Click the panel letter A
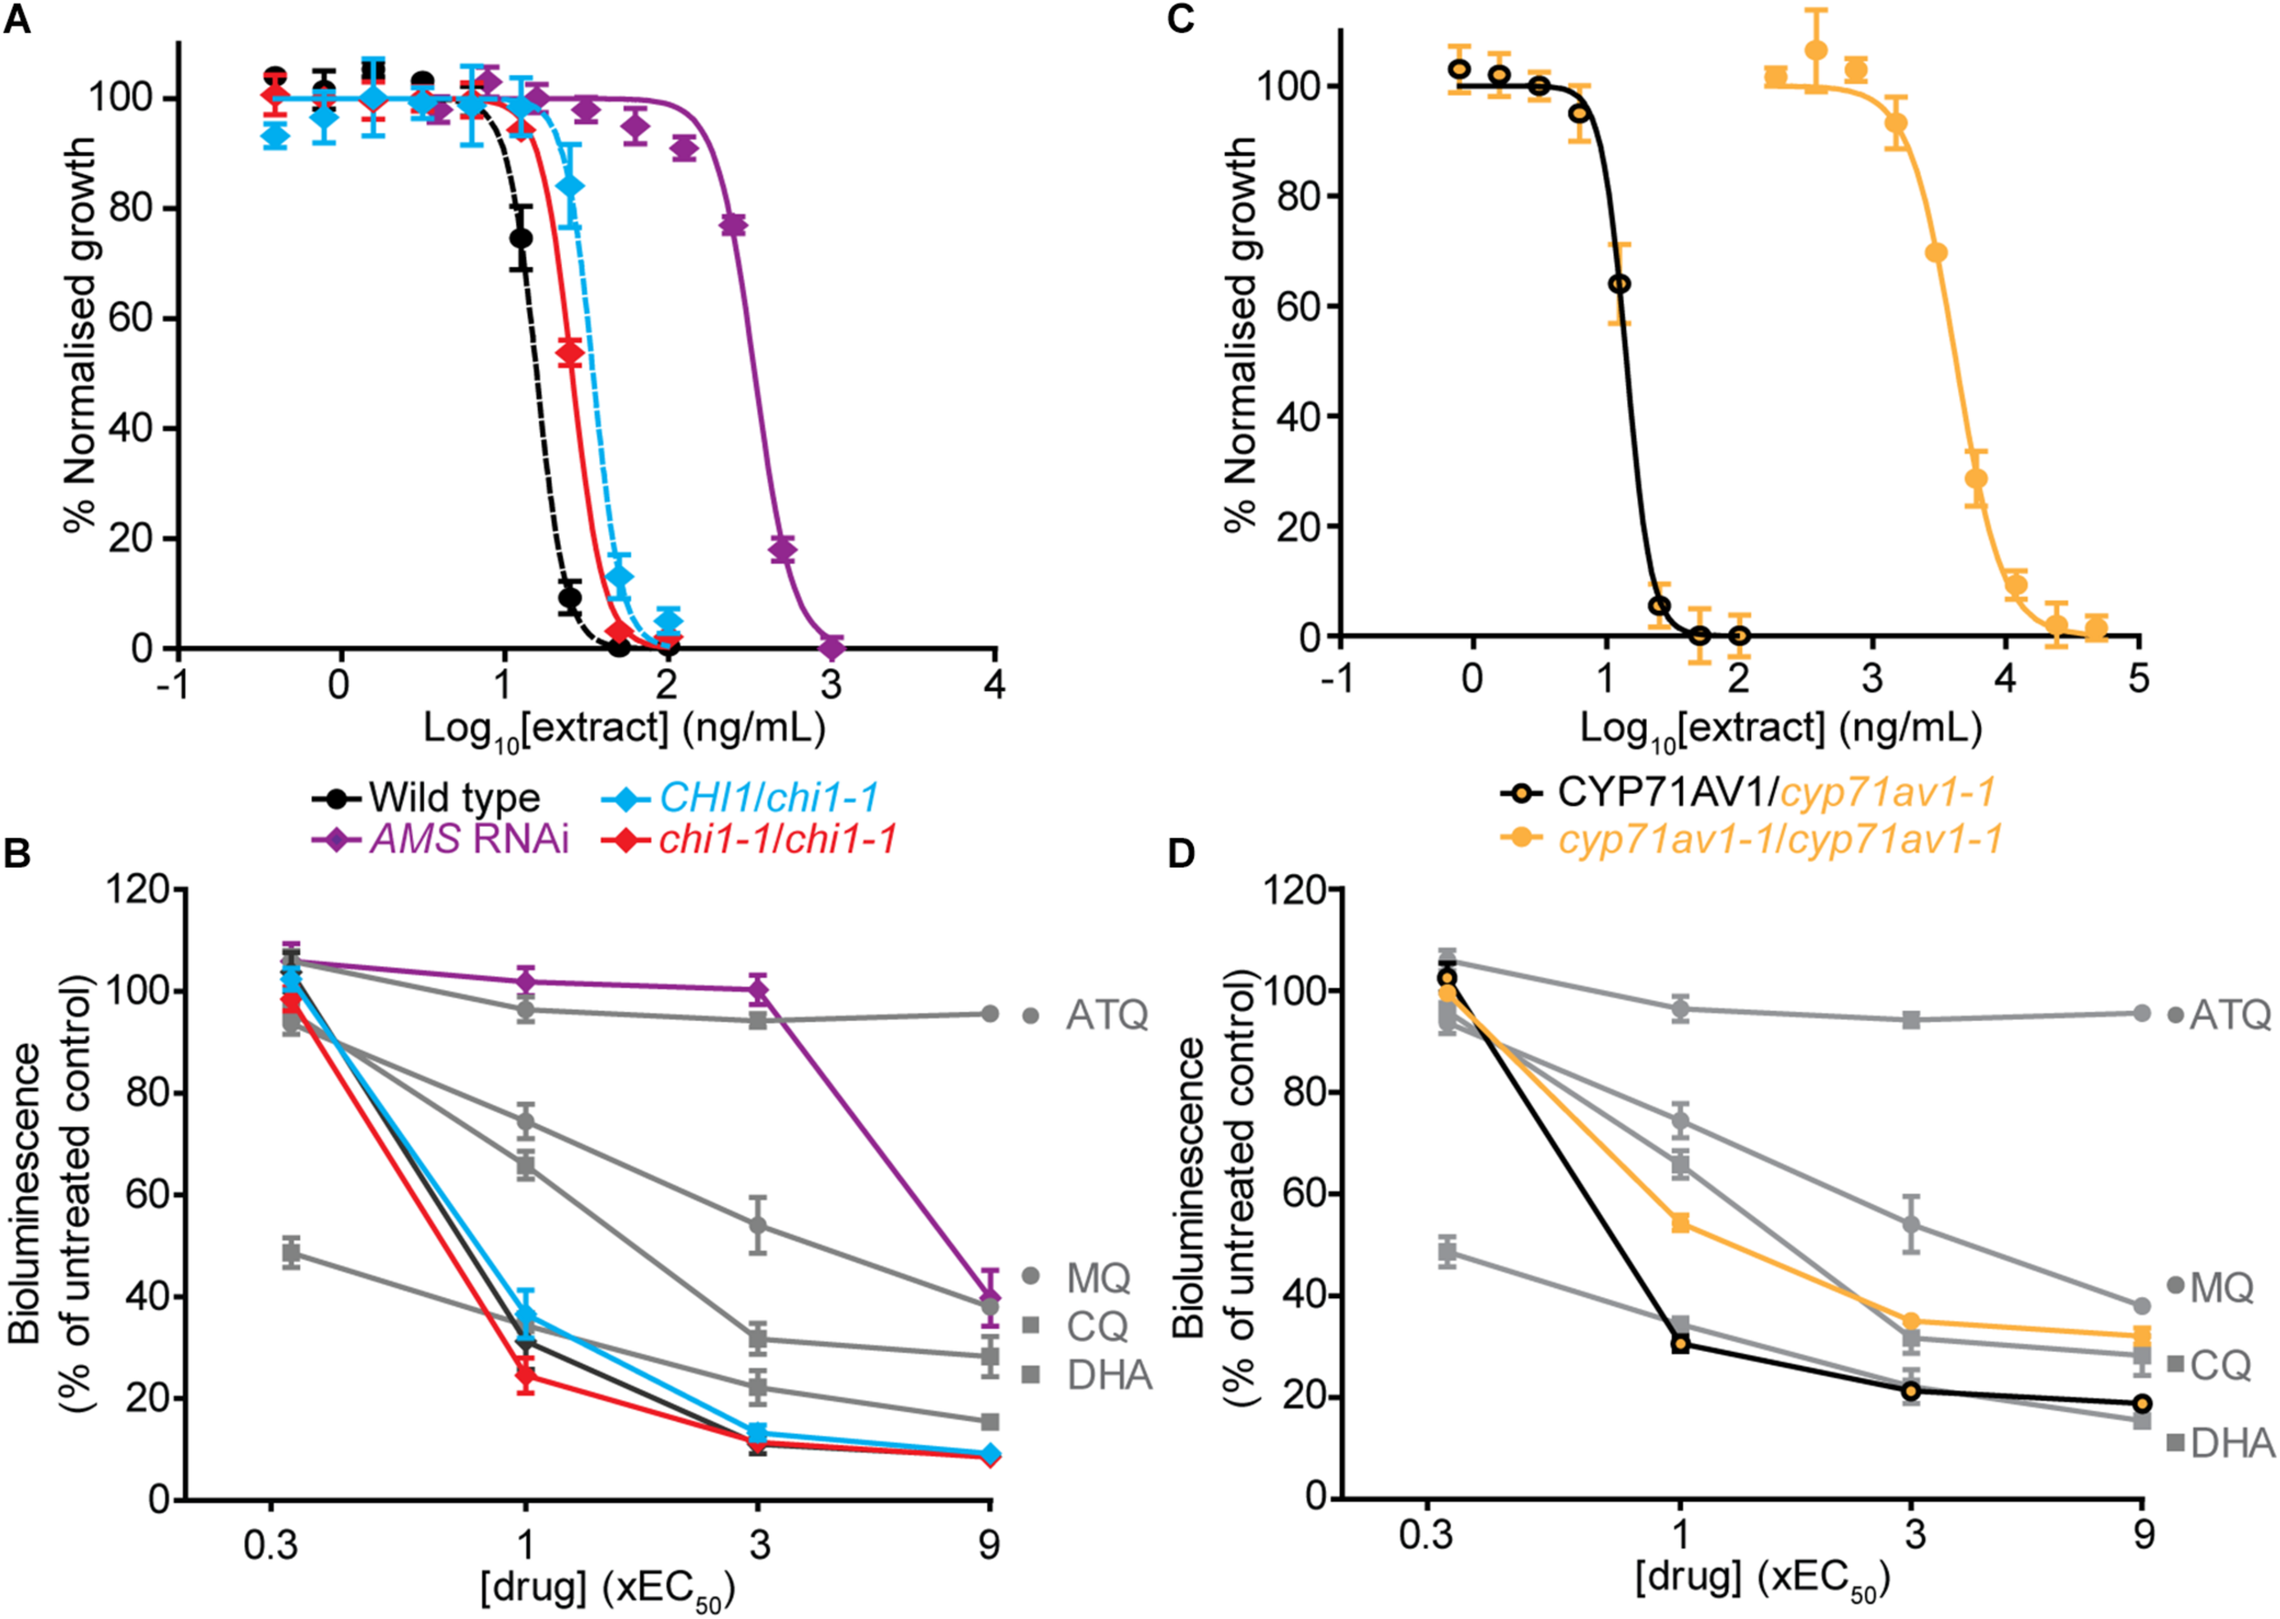[17, 19]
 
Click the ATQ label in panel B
[1106, 1016]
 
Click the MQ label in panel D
[2221, 1288]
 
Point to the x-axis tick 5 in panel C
[2138, 678]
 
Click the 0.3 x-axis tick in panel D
[1425, 1533]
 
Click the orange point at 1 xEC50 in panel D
[1681, 1223]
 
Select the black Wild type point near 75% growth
[521, 238]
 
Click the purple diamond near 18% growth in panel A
[782, 548]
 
